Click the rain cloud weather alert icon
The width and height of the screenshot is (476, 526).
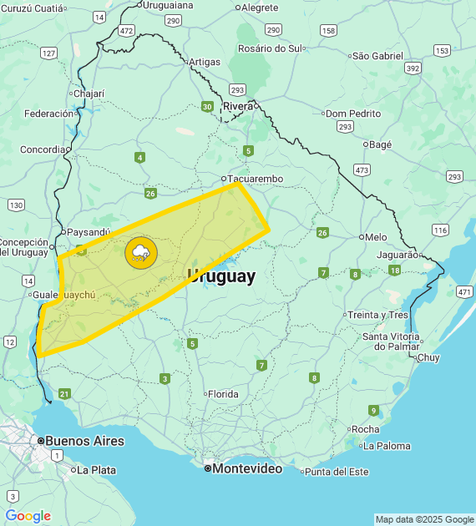click(141, 253)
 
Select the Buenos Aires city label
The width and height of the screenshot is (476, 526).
click(84, 441)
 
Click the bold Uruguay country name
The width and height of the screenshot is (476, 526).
click(221, 276)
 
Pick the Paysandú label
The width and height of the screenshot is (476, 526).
click(89, 231)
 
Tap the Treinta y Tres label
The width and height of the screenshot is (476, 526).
click(380, 315)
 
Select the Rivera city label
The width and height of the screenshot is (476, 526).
click(238, 106)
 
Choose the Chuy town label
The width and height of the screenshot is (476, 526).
click(428, 357)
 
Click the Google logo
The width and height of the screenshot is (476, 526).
click(28, 516)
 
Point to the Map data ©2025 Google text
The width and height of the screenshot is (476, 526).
click(424, 519)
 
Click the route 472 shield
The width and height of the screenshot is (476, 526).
click(126, 30)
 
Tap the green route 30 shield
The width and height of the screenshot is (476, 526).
click(206, 106)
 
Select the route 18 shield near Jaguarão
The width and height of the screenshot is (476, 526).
click(394, 270)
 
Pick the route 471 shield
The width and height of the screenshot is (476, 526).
click(465, 291)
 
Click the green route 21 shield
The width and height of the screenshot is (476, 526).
click(64, 393)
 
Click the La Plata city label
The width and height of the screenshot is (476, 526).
click(96, 470)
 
